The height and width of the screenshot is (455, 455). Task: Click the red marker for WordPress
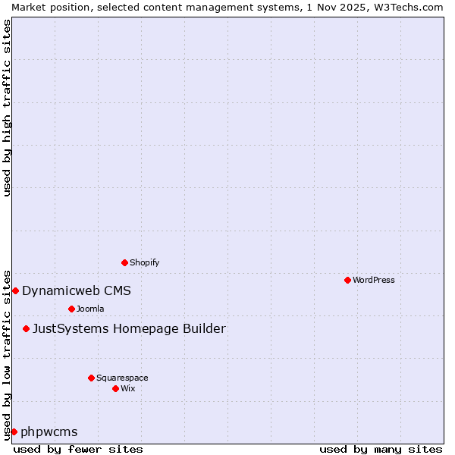point(347,280)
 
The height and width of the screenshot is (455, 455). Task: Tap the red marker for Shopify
point(124,262)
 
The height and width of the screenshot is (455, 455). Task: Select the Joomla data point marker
point(71,309)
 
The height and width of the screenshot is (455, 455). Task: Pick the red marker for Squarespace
point(91,378)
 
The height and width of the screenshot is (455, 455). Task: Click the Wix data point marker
point(115,388)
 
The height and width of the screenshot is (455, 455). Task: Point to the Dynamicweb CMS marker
point(15,290)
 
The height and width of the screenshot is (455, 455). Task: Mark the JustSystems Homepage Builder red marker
point(26,328)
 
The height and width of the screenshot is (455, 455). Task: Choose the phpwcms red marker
point(14,431)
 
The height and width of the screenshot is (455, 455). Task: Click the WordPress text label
point(374,280)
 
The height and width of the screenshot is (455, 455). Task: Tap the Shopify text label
point(144,262)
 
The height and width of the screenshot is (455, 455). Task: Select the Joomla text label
point(90,309)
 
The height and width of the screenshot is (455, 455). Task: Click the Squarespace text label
point(122,378)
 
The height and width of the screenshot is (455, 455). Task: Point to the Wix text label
point(128,388)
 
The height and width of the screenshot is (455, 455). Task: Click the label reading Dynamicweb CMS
point(77,290)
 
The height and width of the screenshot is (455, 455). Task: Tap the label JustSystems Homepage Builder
point(129,328)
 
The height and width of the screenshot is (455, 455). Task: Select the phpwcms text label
point(49,432)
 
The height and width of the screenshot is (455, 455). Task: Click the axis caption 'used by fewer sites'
point(78,449)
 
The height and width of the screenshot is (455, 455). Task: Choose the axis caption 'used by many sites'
point(381,449)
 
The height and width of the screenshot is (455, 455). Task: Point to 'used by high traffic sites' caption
point(7,108)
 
